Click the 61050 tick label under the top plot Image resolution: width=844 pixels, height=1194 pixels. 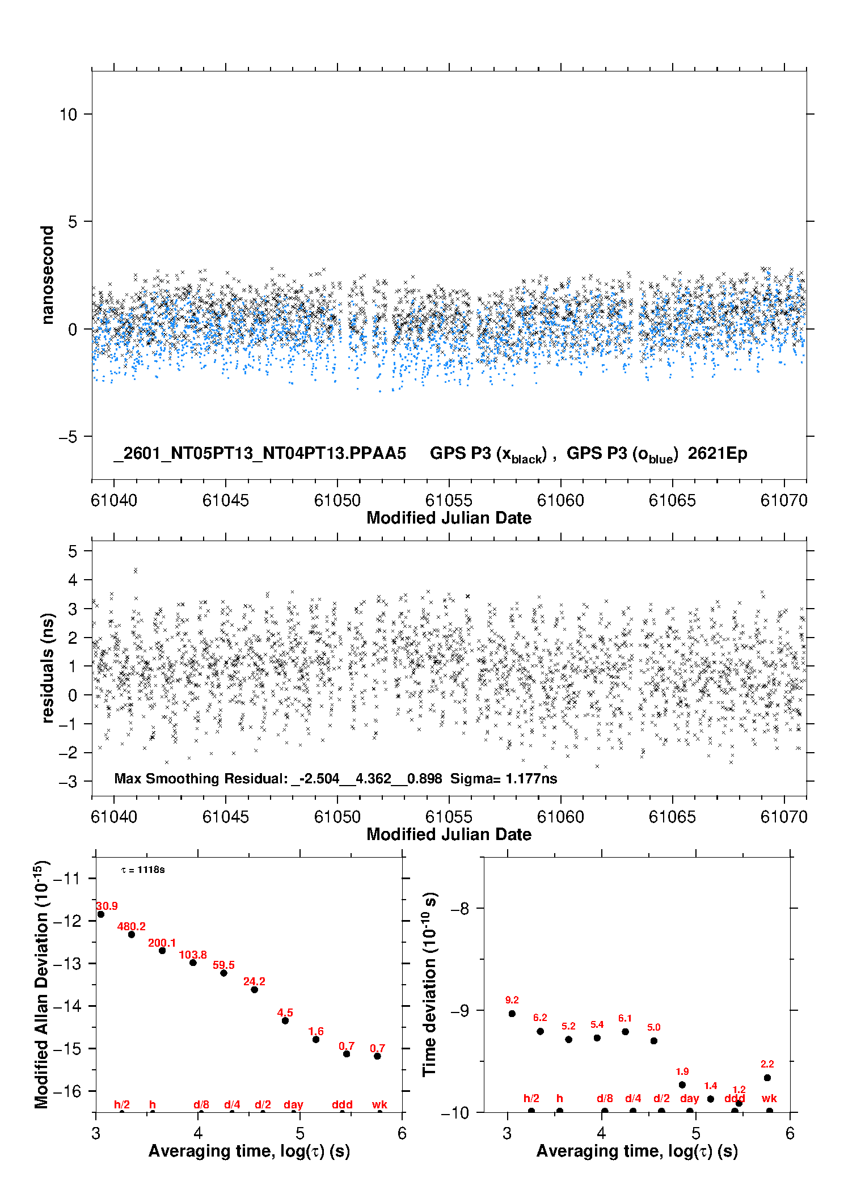tap(337, 500)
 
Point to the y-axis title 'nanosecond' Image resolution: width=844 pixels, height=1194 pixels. tap(47, 275)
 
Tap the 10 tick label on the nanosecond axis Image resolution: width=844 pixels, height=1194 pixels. tap(68, 115)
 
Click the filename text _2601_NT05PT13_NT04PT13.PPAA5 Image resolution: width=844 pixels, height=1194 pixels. tap(260, 453)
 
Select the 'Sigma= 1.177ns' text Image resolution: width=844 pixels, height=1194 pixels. tap(503, 778)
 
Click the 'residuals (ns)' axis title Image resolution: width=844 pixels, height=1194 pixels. tap(48, 668)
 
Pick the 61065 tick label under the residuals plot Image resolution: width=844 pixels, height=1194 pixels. tap(672, 817)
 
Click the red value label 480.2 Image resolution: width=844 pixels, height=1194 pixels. tap(131, 926)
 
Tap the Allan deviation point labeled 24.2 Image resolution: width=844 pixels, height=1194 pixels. tap(254, 989)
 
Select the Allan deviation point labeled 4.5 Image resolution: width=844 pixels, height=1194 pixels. tap(285, 1020)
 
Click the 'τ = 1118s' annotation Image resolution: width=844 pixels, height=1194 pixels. tap(143, 870)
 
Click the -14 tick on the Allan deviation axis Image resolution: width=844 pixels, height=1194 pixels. tap(67, 1006)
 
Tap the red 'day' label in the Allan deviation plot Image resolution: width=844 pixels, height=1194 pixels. tap(293, 1104)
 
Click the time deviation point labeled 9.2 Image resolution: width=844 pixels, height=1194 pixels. tap(512, 1014)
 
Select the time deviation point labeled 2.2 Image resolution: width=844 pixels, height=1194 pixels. tap(767, 1078)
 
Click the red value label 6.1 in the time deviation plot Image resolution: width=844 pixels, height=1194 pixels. tap(625, 1018)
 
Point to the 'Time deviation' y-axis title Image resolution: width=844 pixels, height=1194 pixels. tap(429, 984)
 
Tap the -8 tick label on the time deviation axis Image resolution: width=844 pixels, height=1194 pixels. tap(459, 909)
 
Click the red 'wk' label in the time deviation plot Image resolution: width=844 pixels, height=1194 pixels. tap(769, 1098)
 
